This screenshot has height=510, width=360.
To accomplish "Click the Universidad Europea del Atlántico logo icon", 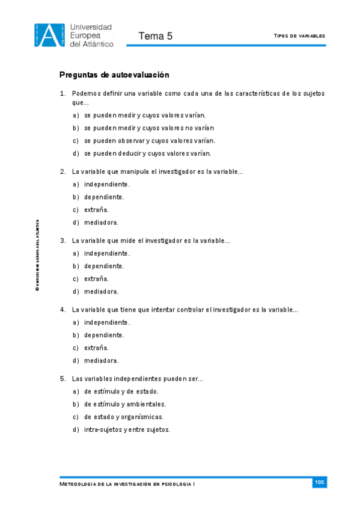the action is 49,34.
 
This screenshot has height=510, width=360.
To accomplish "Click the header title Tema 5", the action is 155,36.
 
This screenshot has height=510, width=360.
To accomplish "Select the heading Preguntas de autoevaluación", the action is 114,75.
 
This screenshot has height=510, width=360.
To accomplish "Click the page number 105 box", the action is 319,482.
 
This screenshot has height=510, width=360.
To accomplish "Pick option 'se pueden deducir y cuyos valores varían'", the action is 148,153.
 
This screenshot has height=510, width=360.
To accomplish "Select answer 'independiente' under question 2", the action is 107,184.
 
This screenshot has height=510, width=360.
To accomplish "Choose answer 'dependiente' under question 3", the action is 104,266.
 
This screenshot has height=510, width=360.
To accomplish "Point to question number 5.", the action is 63,379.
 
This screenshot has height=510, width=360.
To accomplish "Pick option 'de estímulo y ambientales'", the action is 125,404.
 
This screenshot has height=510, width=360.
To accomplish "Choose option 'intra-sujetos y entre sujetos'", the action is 127,430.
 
